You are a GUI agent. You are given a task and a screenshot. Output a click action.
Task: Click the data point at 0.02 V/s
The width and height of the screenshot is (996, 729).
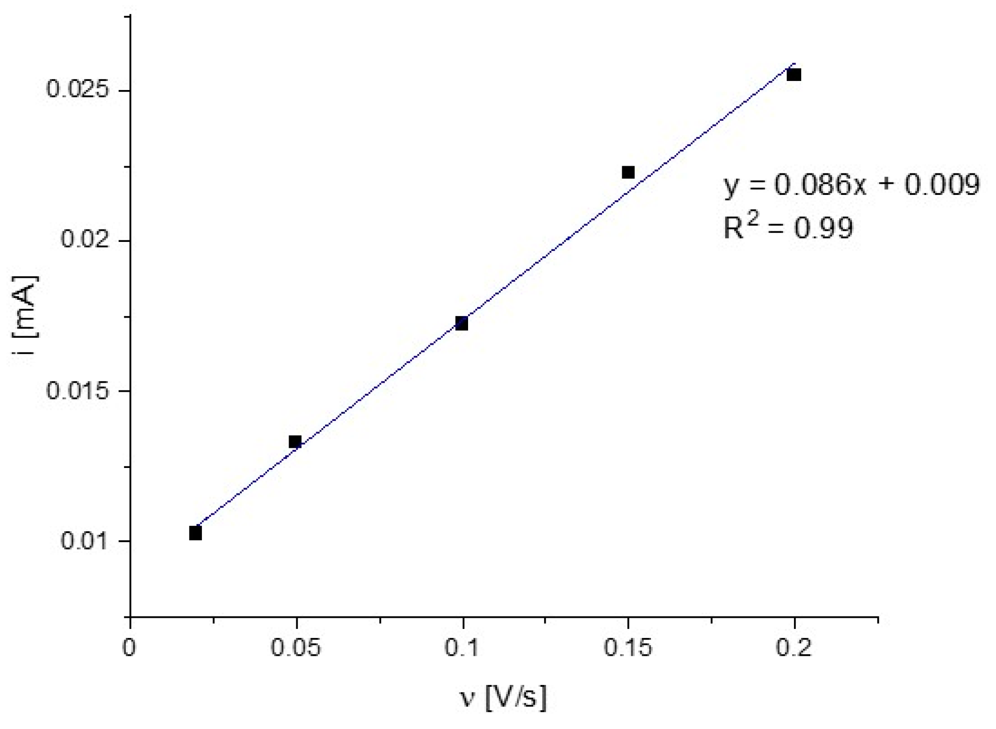coord(195,533)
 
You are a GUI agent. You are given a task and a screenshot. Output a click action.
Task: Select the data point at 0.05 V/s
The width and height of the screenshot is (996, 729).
coord(295,442)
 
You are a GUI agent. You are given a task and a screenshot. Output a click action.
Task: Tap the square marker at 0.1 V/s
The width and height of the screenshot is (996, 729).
coord(461,323)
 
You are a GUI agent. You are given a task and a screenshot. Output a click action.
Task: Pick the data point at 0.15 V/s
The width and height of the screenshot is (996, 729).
coord(628,172)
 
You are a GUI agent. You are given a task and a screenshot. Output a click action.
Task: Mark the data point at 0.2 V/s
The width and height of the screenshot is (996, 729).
coord(794,75)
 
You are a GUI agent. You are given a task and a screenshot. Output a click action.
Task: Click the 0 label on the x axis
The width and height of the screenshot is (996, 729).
coord(129,648)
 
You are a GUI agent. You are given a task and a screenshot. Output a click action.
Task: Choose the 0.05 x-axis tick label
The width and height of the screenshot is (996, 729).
coord(295,648)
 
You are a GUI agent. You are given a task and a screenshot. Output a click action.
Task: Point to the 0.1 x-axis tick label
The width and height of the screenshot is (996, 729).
coord(461,648)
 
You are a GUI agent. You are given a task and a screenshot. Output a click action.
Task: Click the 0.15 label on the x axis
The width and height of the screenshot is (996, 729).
coord(627,648)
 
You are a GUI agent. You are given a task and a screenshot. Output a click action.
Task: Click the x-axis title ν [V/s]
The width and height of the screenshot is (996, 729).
coord(503,697)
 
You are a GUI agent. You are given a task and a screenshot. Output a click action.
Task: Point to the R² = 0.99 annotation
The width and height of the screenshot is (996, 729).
coord(788,227)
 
